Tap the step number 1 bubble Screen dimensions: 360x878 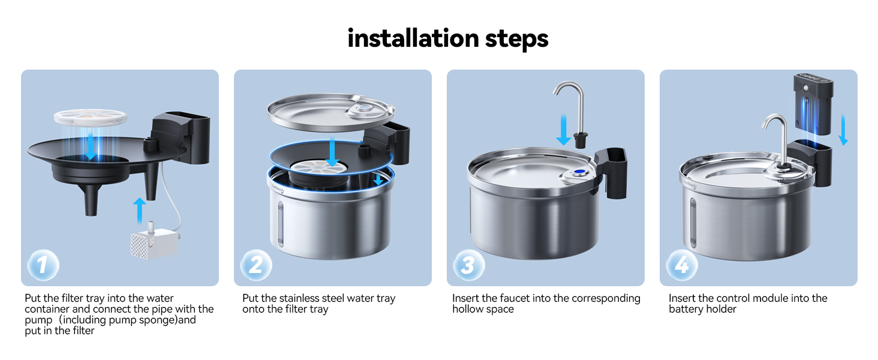click(x=43, y=265)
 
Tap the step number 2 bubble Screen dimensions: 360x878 click(x=256, y=265)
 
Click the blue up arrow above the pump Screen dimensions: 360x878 click(x=139, y=211)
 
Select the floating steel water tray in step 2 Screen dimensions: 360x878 click(x=330, y=112)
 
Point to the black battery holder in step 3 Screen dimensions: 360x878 click(x=612, y=174)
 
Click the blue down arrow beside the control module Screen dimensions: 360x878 click(x=843, y=129)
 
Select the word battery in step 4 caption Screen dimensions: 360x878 click(x=686, y=309)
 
